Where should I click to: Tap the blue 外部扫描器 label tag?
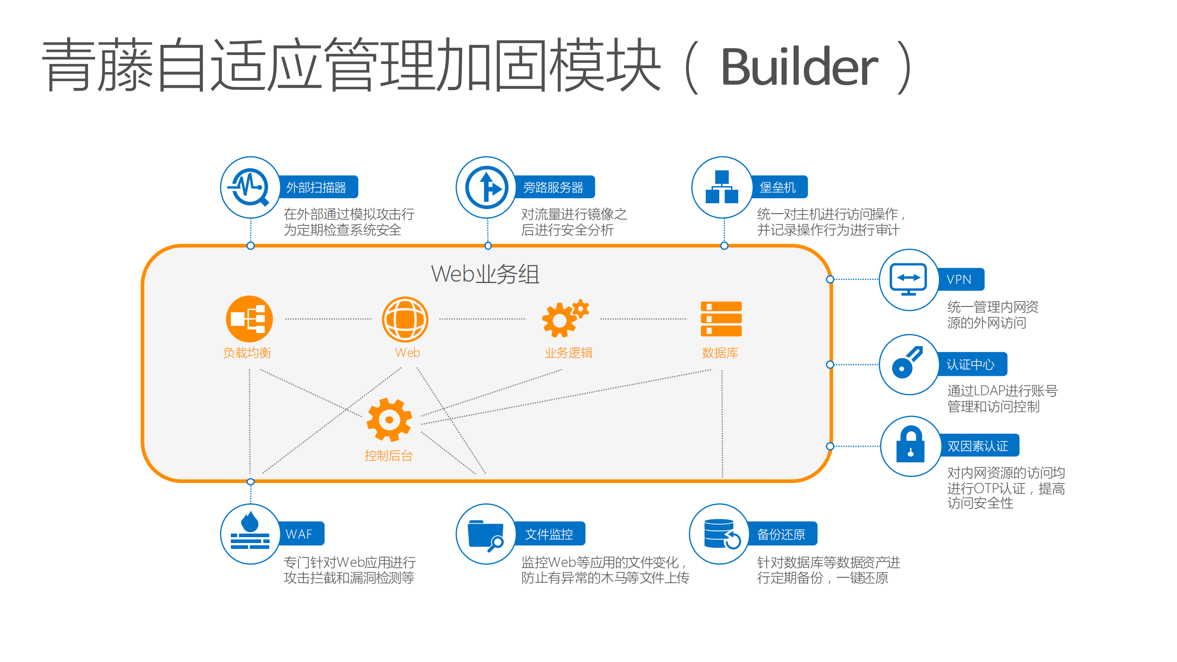pos(317,187)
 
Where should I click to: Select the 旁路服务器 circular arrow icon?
pos(486,187)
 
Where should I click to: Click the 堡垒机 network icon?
pos(722,187)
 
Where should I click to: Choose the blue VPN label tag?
pos(960,279)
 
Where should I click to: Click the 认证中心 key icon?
pos(908,364)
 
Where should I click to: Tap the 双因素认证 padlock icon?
pos(910,446)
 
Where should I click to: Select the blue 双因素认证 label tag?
pos(978,446)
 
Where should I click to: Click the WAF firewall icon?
pos(250,533)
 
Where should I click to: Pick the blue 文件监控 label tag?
pos(549,533)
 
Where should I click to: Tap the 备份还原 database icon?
pos(720,533)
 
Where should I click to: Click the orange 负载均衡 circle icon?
pos(249,319)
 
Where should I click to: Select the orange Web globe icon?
pos(405,319)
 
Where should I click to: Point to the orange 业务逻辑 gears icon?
pos(565,319)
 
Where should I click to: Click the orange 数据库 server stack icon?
pos(721,319)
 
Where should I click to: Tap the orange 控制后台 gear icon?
pos(389,420)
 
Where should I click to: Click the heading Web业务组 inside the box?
pos(485,274)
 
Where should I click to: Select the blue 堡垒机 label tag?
pos(777,187)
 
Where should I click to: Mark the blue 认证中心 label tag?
pos(970,364)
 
